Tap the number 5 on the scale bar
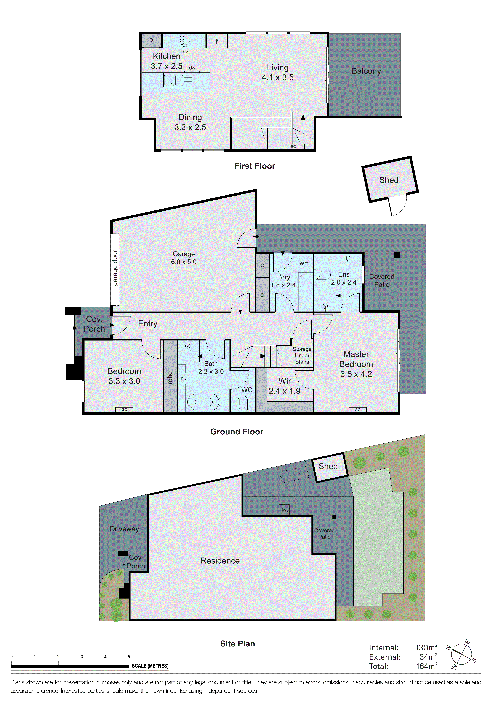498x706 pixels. [129, 657]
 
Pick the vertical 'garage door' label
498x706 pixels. [115, 268]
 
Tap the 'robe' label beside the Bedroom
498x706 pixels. [170, 378]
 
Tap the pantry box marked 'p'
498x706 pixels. [151, 40]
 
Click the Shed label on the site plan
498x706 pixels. [328, 466]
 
